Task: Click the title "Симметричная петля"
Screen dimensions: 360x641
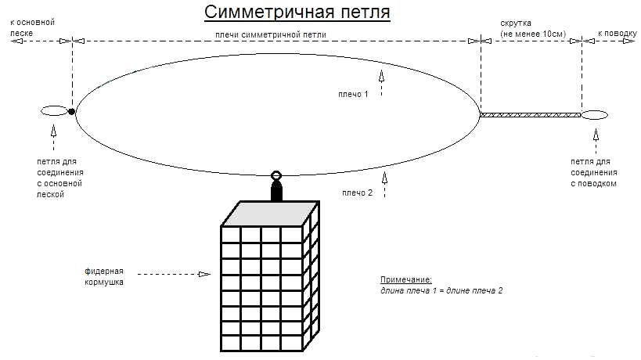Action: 297,13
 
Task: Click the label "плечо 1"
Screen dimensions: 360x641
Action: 353,94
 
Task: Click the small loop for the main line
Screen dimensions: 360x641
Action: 53,111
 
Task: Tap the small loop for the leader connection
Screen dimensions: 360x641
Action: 595,115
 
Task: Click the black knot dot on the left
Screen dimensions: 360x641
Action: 72,112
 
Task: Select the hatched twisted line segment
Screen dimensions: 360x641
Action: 531,115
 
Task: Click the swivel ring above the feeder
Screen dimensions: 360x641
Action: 275,177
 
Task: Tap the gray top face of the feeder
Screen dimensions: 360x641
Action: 268,213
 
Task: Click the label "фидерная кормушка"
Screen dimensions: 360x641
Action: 104,276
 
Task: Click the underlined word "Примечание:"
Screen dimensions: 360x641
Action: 406,279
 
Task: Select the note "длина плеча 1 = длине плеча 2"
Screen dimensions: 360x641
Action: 441,290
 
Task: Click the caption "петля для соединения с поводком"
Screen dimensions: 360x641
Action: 595,172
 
